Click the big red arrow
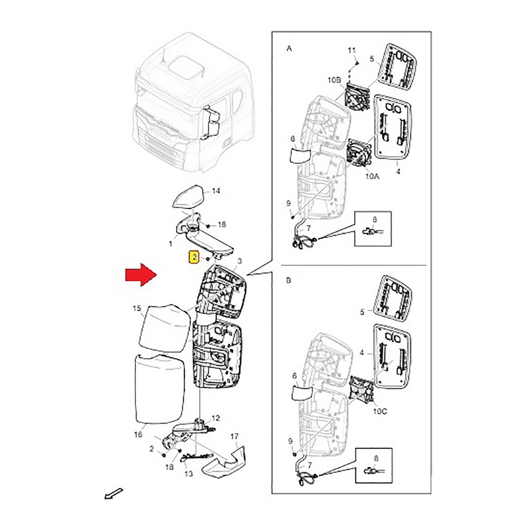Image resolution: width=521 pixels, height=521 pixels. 141,275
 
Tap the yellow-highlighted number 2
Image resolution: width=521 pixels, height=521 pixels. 194,257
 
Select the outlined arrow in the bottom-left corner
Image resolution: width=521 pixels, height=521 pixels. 114,493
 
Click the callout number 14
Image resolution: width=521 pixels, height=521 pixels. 216,191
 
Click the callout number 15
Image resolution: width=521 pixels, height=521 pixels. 137,308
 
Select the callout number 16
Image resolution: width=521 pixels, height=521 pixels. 138,435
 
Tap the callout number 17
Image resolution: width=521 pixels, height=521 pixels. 234,436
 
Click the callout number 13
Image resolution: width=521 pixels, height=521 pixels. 189,474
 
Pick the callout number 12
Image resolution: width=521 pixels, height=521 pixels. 216,418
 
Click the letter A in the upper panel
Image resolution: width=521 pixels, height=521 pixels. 289,48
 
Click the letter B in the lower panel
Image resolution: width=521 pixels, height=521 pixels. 289,280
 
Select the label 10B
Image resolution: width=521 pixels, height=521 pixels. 334,80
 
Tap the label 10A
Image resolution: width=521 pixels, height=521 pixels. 372,176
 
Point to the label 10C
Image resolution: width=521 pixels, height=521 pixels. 380,411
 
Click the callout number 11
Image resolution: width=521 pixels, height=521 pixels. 352,50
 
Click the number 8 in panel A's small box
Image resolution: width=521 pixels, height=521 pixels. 375,220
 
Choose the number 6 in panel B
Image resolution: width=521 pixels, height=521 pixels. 294,376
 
